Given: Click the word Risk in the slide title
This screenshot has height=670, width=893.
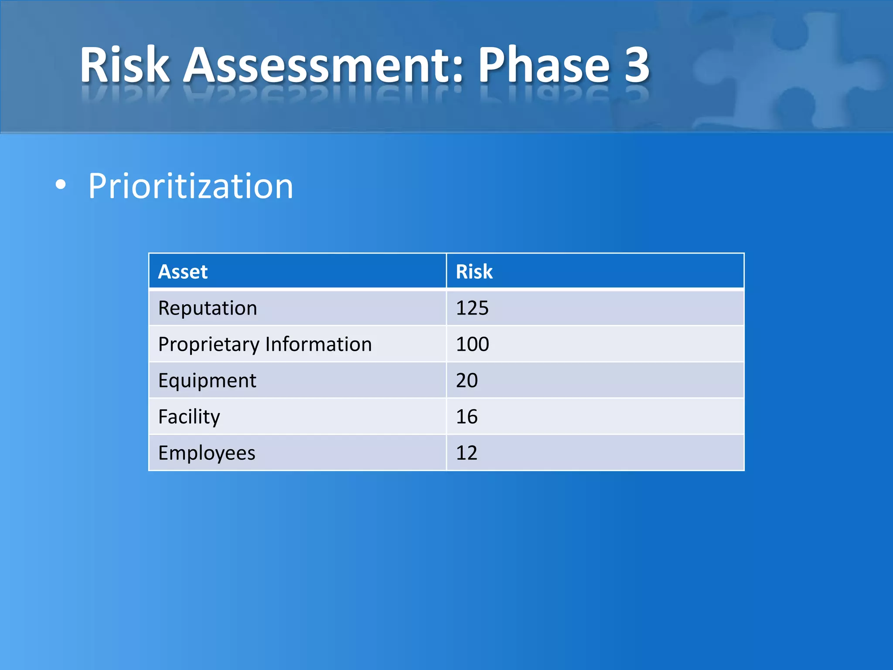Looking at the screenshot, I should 124,65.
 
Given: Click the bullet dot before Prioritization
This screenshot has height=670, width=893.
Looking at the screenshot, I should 61,185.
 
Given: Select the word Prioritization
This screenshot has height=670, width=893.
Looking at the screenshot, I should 191,186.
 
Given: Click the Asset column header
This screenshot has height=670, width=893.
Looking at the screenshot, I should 183,272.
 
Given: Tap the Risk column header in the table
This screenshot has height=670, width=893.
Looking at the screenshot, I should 474,272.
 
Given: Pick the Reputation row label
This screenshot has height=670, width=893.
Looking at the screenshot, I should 208,308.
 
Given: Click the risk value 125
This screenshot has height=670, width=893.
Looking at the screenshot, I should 472,308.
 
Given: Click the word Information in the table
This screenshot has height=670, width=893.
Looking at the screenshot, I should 318,344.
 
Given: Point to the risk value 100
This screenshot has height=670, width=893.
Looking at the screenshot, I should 472,344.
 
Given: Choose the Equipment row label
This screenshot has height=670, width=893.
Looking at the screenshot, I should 207,381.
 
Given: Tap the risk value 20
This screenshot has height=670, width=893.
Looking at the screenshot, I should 467,380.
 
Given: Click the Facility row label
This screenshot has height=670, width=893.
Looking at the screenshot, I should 189,417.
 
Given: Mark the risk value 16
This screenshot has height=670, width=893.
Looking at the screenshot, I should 467,417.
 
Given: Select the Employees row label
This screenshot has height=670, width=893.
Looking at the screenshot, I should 207,453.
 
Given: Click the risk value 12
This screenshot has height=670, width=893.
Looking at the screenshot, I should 467,453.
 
